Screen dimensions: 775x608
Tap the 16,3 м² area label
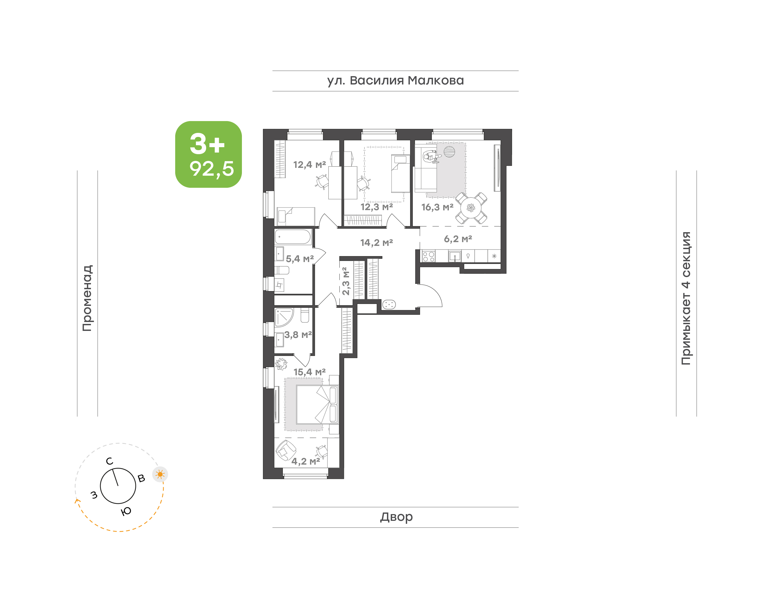(437, 207)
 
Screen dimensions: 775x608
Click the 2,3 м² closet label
(345, 281)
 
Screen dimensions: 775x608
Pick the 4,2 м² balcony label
(305, 461)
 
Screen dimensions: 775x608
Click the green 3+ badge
(208, 154)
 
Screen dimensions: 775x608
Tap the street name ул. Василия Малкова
(396, 81)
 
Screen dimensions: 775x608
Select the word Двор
(396, 517)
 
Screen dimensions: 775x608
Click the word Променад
(87, 298)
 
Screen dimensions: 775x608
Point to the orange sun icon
(160, 474)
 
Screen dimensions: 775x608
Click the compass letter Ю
(126, 511)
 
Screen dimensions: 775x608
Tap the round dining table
(471, 208)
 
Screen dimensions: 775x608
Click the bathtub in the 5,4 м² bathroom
(293, 237)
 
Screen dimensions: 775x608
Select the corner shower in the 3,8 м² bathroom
(284, 317)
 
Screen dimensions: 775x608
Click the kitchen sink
(455, 256)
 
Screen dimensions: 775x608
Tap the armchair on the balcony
(286, 450)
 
